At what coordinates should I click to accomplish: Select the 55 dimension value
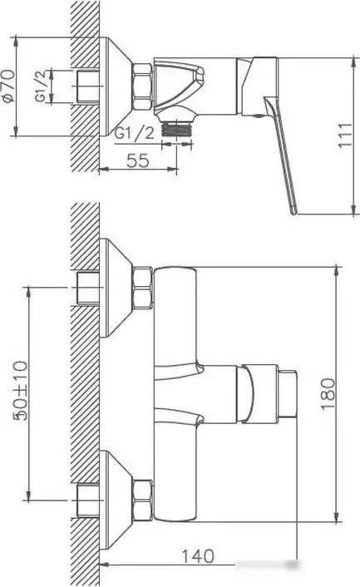[x=139, y=161]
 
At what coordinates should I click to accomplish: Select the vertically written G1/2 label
[x=39, y=86]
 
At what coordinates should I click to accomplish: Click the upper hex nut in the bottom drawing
[x=143, y=287]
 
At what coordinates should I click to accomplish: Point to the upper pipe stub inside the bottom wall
[x=86, y=287]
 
